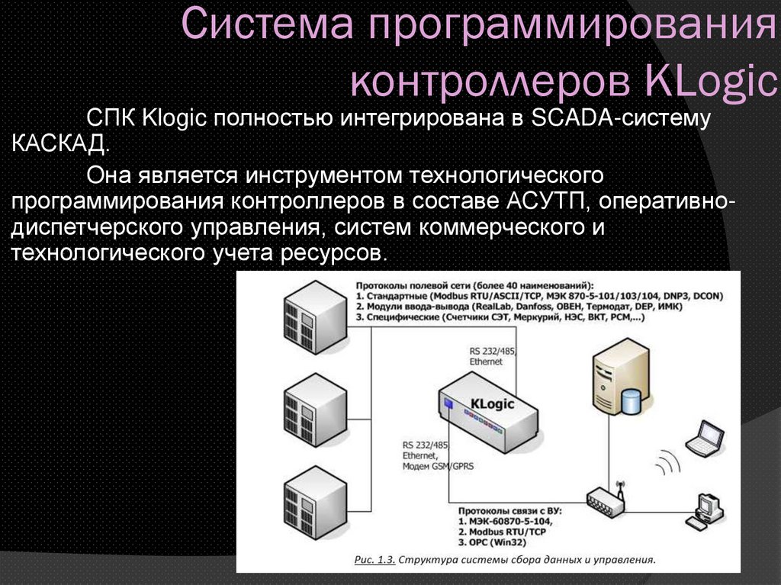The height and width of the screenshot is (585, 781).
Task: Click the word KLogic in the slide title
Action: coord(710,80)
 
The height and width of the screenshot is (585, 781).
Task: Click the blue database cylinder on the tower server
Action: coord(631,400)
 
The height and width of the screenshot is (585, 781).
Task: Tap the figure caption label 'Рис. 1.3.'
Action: coord(374,560)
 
